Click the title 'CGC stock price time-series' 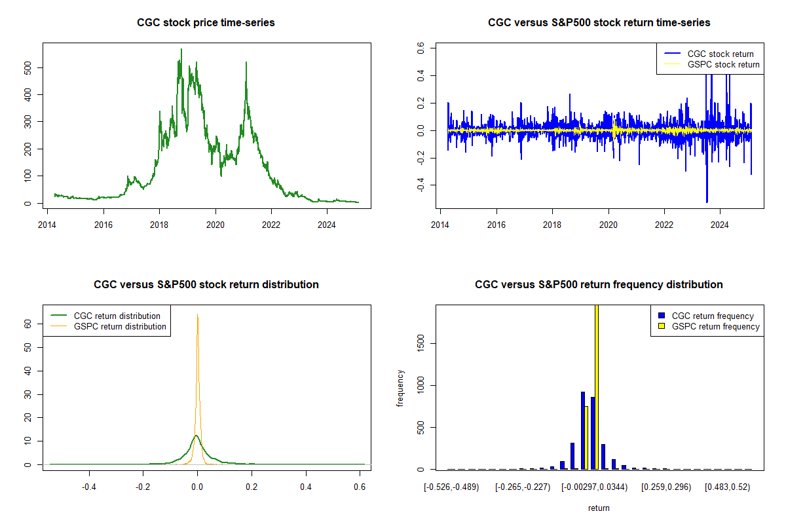206,22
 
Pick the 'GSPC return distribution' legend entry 120,326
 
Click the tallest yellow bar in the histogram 596,386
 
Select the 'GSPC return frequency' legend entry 715,326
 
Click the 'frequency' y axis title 401,388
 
